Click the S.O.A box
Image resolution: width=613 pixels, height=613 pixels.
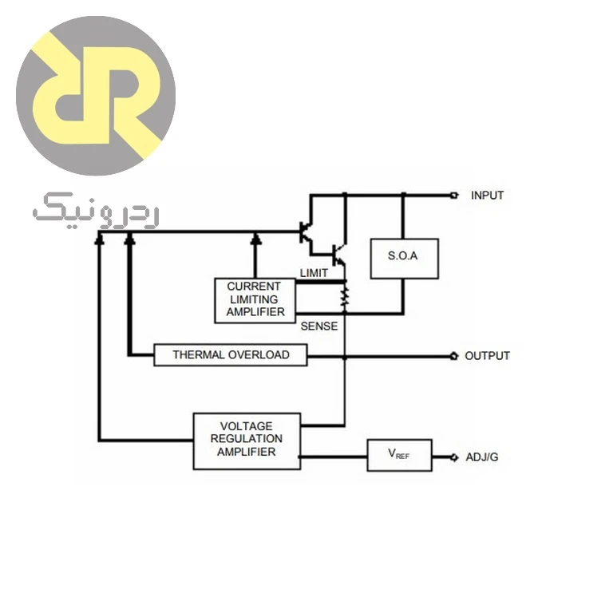tap(404, 259)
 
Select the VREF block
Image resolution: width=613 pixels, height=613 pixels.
tap(400, 455)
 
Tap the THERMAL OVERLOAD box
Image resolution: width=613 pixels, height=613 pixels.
tap(231, 355)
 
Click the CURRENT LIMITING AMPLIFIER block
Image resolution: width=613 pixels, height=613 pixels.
tap(255, 300)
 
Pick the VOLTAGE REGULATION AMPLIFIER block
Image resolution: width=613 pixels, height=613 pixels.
tap(247, 441)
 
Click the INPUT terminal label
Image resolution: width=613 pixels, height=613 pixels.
tap(487, 195)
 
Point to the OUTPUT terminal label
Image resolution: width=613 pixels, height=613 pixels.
tap(487, 356)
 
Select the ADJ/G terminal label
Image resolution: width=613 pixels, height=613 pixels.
tap(482, 457)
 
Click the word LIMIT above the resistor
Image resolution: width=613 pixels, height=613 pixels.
tap(314, 273)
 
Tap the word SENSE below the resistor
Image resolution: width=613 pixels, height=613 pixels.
tap(319, 326)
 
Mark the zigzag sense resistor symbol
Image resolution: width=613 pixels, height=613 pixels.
tap(345, 297)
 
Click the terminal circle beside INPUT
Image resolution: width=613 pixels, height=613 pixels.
tap(454, 195)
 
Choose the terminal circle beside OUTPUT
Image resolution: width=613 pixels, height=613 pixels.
tap(454, 356)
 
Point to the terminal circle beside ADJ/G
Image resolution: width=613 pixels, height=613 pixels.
tap(454, 457)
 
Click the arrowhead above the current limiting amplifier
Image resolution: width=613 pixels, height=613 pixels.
tap(255, 238)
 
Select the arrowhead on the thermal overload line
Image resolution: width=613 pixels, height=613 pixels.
tap(130, 238)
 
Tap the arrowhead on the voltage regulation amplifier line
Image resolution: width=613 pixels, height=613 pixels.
tap(100, 238)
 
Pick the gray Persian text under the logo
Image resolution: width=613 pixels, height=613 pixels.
tap(96, 211)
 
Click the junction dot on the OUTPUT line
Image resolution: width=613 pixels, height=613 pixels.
tap(345, 358)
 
